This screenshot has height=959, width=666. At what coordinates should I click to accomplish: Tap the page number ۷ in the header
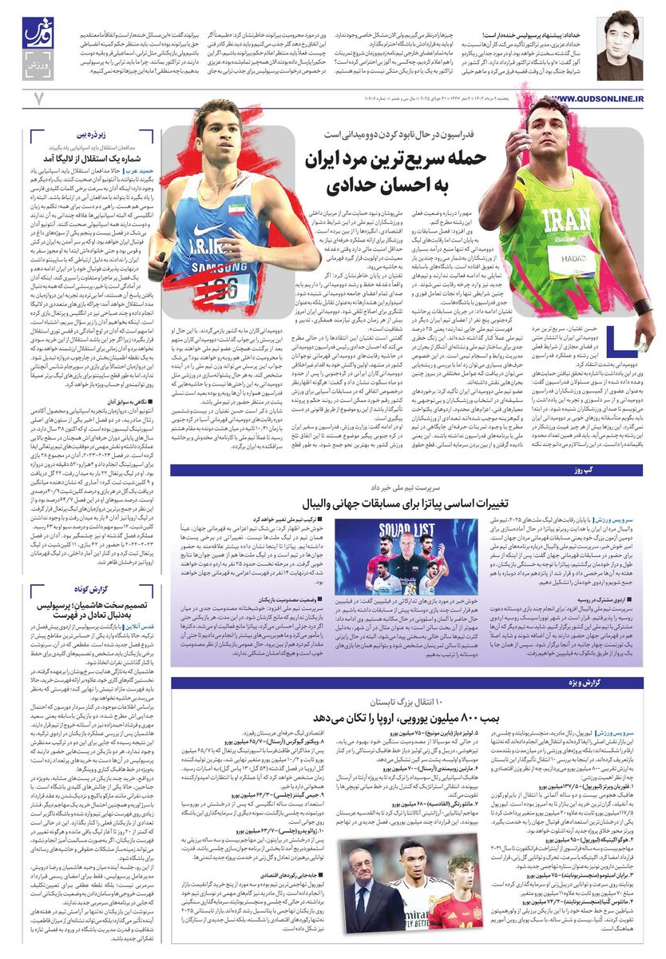click(x=37, y=97)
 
